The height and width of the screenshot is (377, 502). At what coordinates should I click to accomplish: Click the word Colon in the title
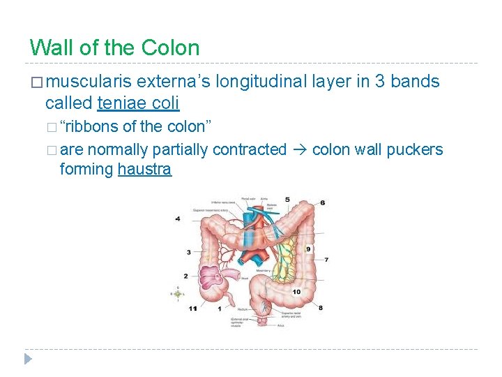click(170, 47)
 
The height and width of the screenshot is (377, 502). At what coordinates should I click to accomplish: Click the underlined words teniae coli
click(138, 103)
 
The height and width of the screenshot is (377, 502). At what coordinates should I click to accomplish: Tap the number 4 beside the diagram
click(178, 219)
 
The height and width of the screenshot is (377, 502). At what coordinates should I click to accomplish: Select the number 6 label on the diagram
click(322, 202)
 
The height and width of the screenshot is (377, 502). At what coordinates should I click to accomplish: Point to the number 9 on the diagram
click(308, 249)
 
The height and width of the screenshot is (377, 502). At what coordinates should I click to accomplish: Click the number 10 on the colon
click(296, 291)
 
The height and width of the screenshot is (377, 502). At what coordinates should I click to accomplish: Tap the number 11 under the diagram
click(192, 308)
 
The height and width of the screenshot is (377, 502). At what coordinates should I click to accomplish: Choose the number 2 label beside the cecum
click(186, 276)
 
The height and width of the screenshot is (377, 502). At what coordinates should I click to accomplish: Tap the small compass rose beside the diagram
click(178, 294)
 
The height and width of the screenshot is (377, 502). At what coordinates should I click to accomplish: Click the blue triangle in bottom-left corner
click(28, 360)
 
